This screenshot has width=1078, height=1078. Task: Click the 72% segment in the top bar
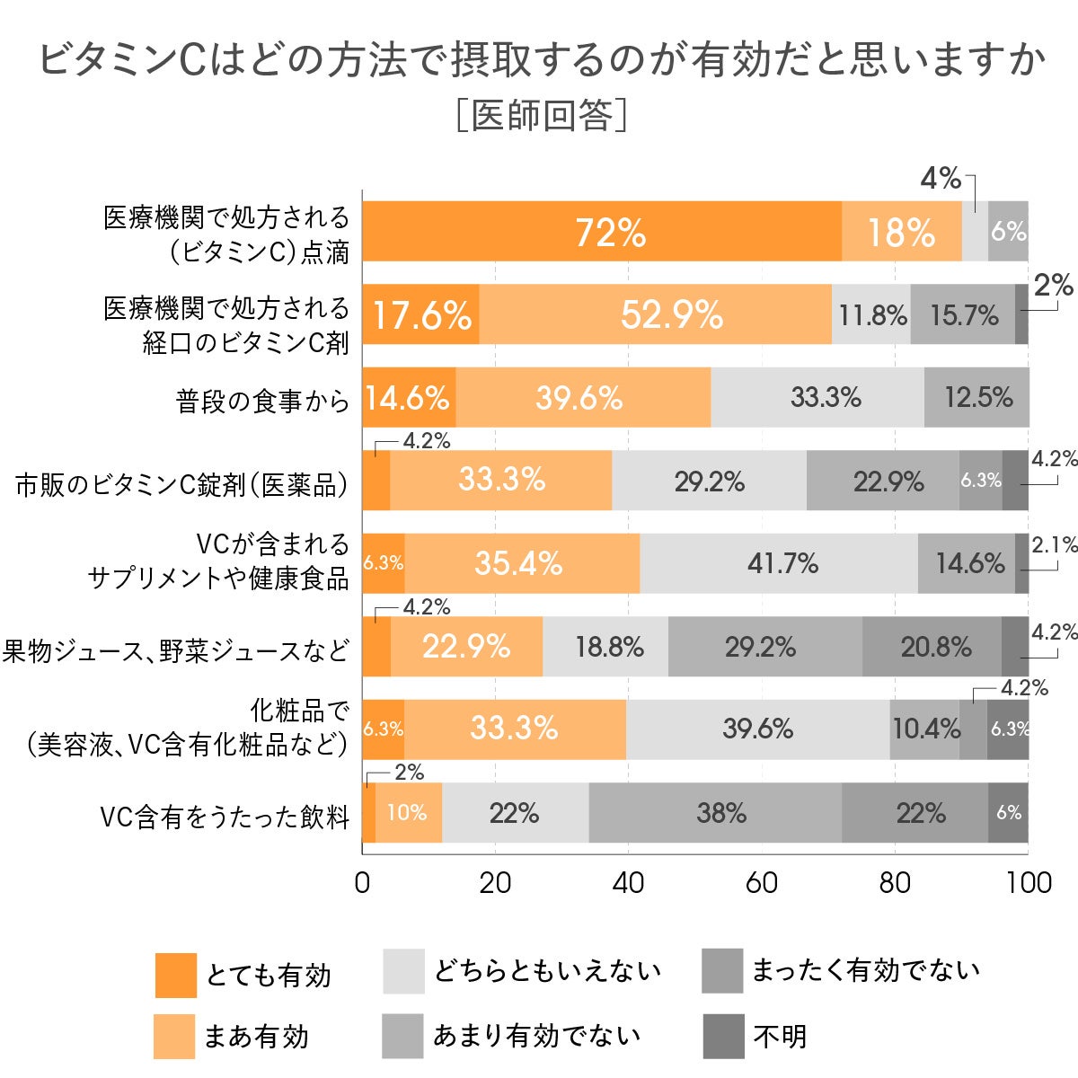pos(602,232)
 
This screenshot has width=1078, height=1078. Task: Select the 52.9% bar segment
pos(656,314)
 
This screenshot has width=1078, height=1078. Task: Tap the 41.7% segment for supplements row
pos(780,563)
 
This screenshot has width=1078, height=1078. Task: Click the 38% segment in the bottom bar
pos(716,813)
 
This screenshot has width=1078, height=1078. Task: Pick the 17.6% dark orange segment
pos(420,314)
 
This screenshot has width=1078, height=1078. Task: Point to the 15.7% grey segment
pos(963,314)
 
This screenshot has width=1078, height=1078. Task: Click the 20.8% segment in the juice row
pos(932,647)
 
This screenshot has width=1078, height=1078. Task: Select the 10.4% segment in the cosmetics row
pos(925,729)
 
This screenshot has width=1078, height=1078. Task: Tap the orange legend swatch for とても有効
pos(175,975)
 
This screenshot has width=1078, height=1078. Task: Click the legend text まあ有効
pos(256,1037)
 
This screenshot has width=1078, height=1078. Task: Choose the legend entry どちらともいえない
pos(547,971)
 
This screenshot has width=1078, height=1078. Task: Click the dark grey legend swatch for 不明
pos(723,1037)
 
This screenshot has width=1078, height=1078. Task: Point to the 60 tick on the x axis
pos(761,882)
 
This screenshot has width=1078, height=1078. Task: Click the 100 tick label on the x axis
pos(1029,882)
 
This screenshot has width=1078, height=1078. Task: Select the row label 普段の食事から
pos(262,401)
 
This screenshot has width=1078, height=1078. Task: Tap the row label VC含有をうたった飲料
pos(225,817)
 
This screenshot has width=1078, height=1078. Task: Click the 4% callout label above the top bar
pos(941,179)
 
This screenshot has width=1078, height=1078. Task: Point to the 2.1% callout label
pos(1054,544)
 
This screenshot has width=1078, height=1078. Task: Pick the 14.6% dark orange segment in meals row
pos(409,397)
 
